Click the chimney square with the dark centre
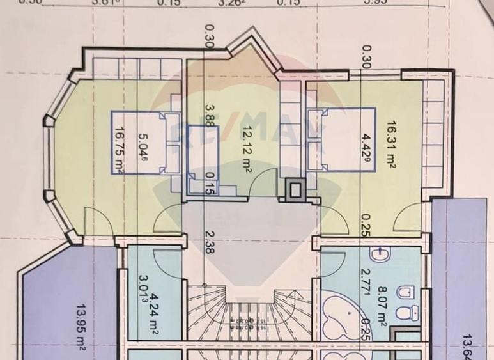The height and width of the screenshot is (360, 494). coord(297,189)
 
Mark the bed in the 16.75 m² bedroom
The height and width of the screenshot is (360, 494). coord(146,142)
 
